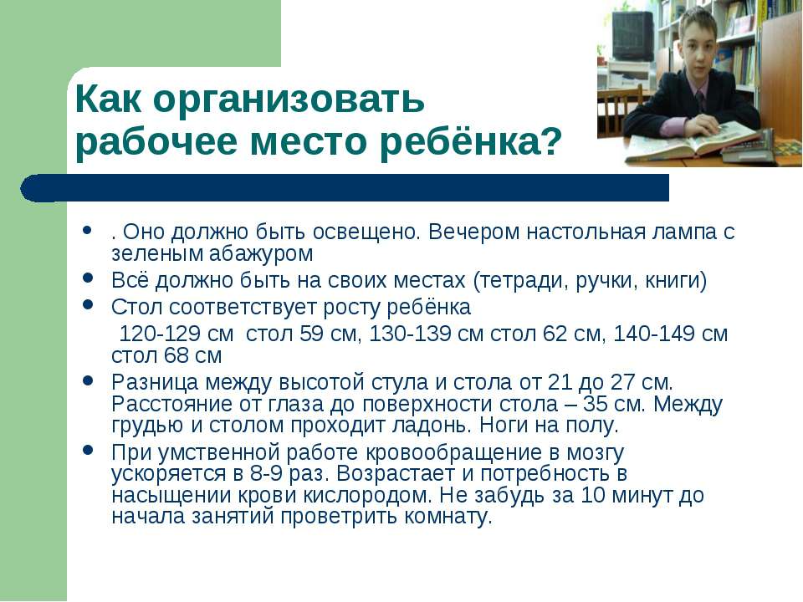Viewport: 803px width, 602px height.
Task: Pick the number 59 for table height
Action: click(311, 334)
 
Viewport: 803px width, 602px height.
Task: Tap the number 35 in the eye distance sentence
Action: click(596, 404)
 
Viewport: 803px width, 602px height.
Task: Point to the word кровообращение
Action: click(449, 453)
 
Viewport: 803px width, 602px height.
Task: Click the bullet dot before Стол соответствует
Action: click(88, 304)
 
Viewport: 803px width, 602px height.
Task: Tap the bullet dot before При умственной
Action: click(88, 451)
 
